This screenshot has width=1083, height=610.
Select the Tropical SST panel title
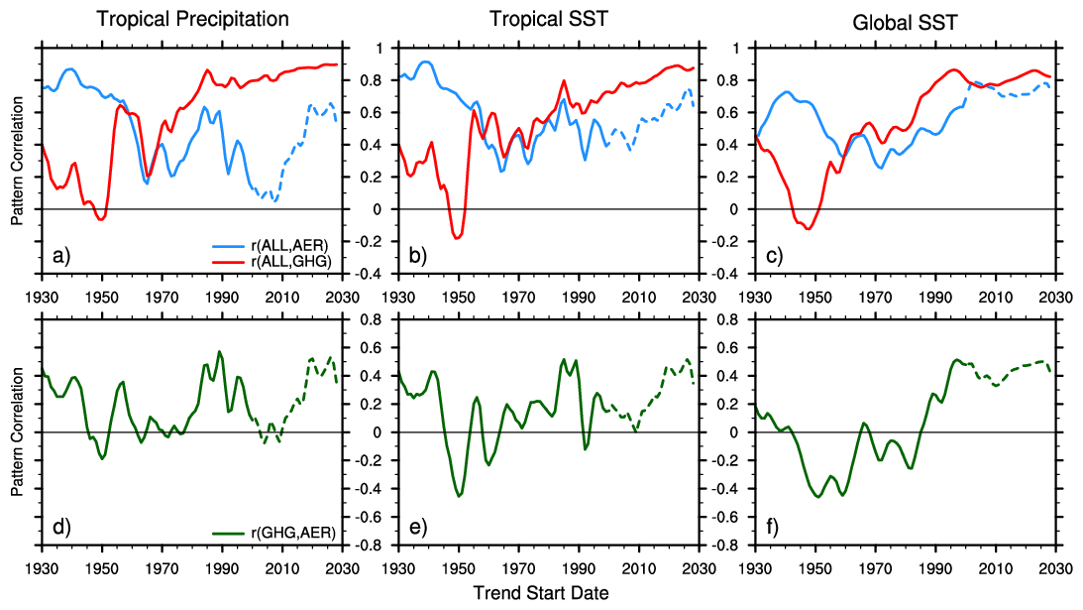tap(548, 19)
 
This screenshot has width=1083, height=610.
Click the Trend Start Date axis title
tap(541, 593)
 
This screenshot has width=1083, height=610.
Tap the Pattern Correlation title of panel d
tap(17, 431)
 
